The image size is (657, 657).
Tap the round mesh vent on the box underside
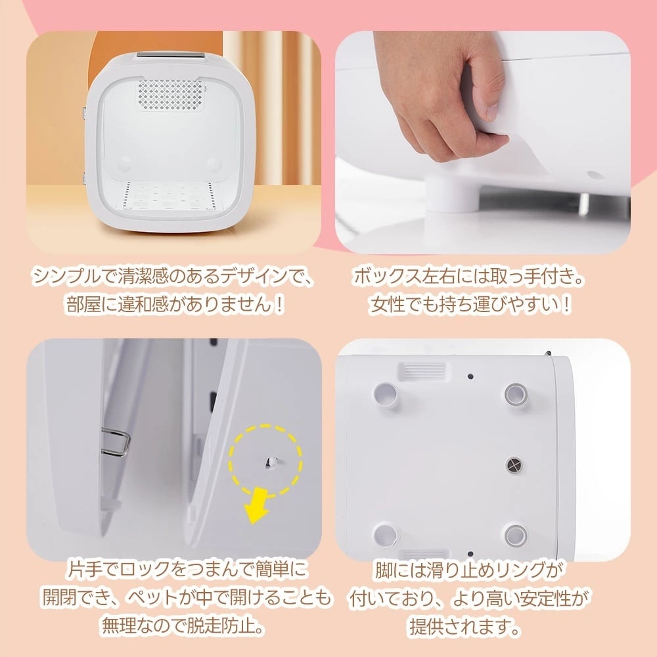[x=514, y=465]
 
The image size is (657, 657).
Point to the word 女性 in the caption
[x=383, y=306]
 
